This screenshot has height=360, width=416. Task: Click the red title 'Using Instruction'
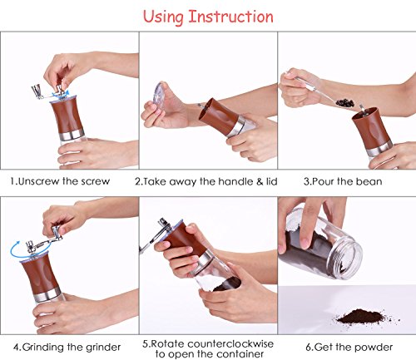point(208,17)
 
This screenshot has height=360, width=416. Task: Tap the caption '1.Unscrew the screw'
point(60,181)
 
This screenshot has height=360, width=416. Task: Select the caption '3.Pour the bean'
point(343,181)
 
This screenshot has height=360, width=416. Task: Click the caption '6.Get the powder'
point(349,347)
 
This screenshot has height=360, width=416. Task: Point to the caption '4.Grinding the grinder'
point(67,347)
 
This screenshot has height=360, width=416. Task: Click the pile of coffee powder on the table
point(360,317)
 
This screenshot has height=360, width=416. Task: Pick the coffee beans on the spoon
point(345,103)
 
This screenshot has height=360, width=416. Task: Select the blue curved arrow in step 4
point(14,251)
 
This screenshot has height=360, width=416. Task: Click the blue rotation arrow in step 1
point(60,95)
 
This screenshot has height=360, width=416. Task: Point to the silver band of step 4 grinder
point(47,294)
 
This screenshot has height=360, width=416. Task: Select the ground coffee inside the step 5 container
point(226,284)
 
